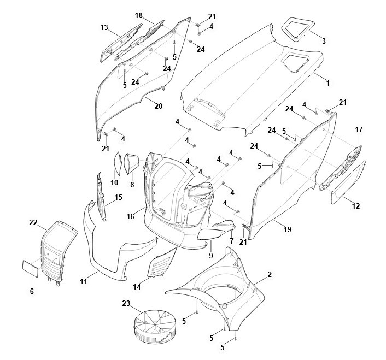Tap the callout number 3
point(324,41)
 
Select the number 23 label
point(127,303)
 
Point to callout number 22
point(33,222)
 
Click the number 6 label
point(32,291)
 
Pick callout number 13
point(104,27)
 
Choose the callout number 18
point(138,15)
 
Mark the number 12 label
point(356,206)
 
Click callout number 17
point(359,129)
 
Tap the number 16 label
point(131,217)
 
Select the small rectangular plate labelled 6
point(30,267)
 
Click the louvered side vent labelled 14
point(162,264)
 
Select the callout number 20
point(158,106)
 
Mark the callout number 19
point(287,230)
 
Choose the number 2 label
point(270,273)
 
